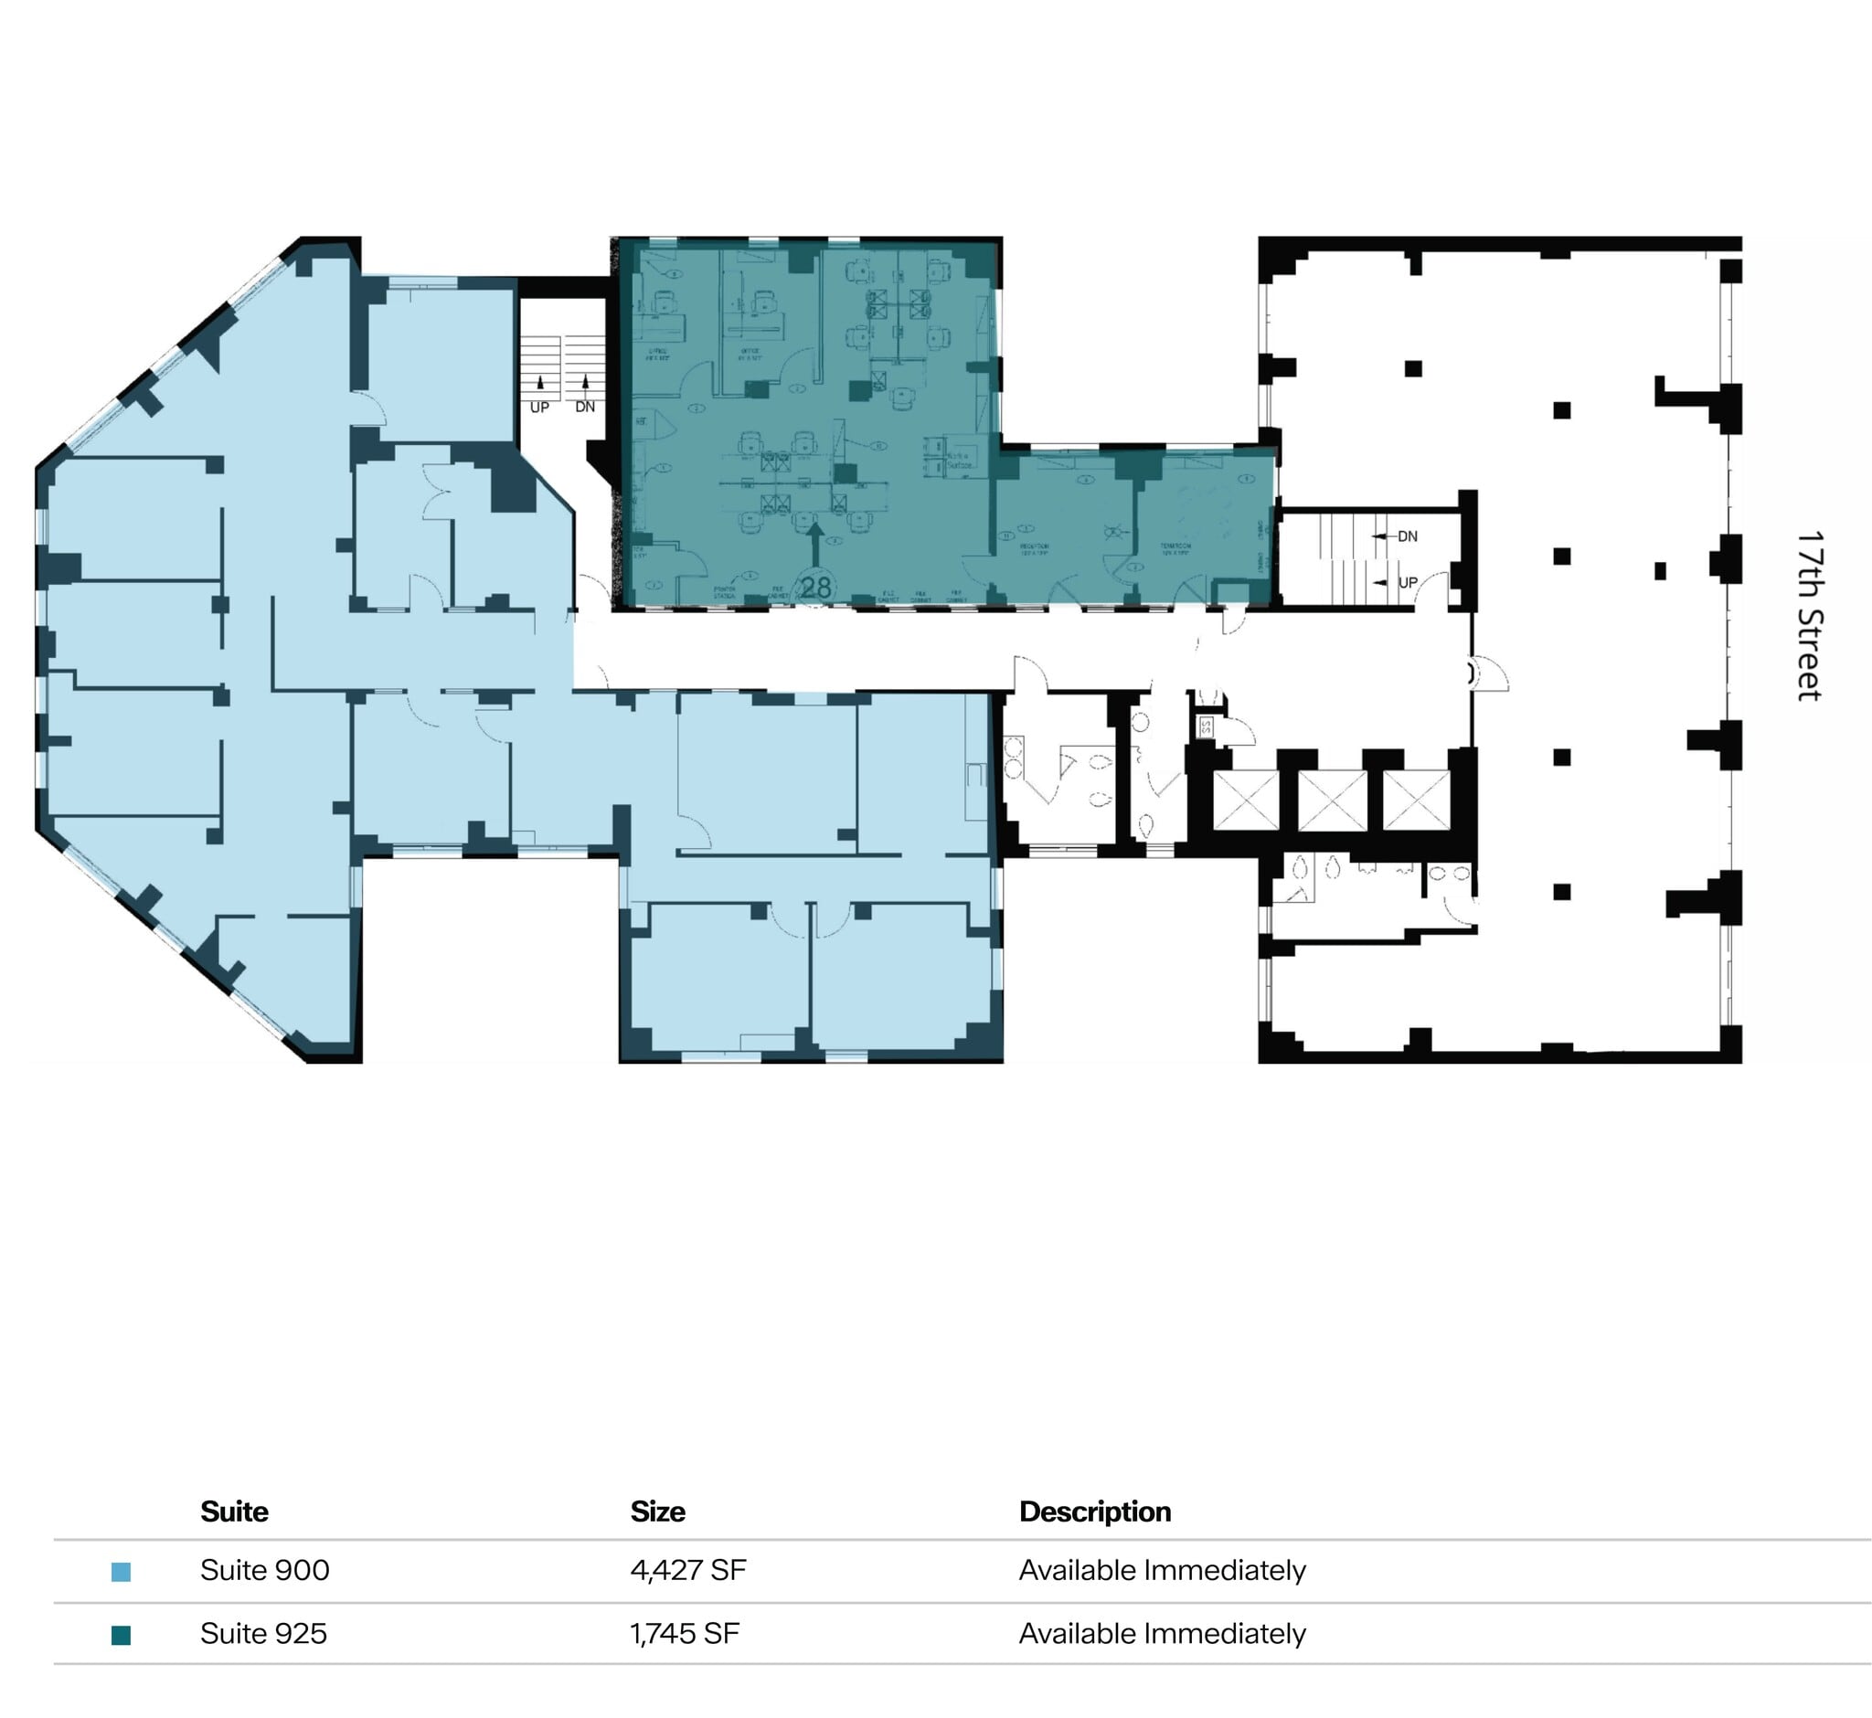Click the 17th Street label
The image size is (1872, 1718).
1810,615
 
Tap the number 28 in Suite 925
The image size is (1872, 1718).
815,588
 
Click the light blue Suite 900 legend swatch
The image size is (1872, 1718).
121,1571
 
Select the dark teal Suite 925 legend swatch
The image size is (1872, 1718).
121,1634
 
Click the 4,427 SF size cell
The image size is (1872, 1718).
687,1570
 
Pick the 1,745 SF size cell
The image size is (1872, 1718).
685,1633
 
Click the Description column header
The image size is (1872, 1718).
1094,1511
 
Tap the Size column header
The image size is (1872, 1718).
657,1511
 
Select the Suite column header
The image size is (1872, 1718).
234,1511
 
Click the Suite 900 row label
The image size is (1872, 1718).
264,1570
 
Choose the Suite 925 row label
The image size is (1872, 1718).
263,1633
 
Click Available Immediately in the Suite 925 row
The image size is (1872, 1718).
1162,1633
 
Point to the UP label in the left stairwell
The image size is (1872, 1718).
539,408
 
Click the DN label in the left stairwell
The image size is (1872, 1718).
585,408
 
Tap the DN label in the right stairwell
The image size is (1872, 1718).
1407,536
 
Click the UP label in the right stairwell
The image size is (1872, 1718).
1407,583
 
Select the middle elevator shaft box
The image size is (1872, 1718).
1331,800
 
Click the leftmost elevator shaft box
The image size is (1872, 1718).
1246,800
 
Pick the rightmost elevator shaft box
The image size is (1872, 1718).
1416,800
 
